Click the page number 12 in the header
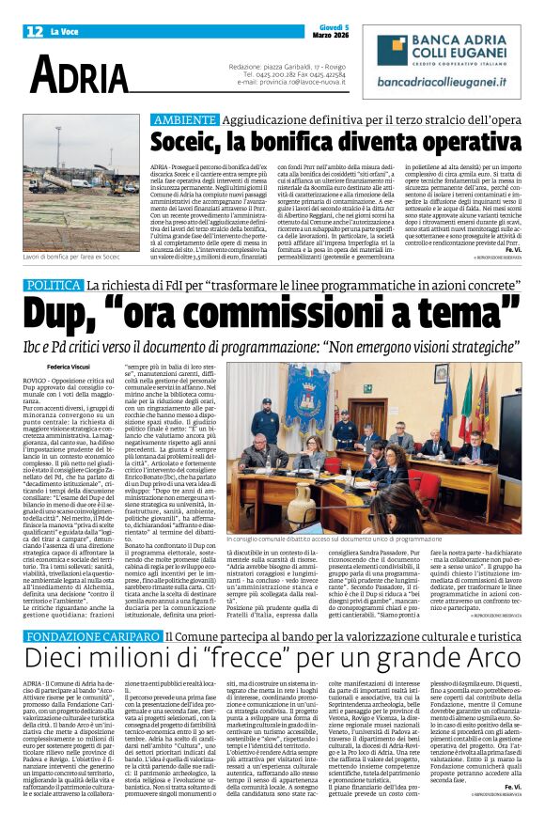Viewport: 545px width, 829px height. pyautogui.click(x=33, y=31)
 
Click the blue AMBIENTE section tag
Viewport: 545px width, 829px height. pyautogui.click(x=185, y=120)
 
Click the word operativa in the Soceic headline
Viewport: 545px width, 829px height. pyautogui.click(x=464, y=144)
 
